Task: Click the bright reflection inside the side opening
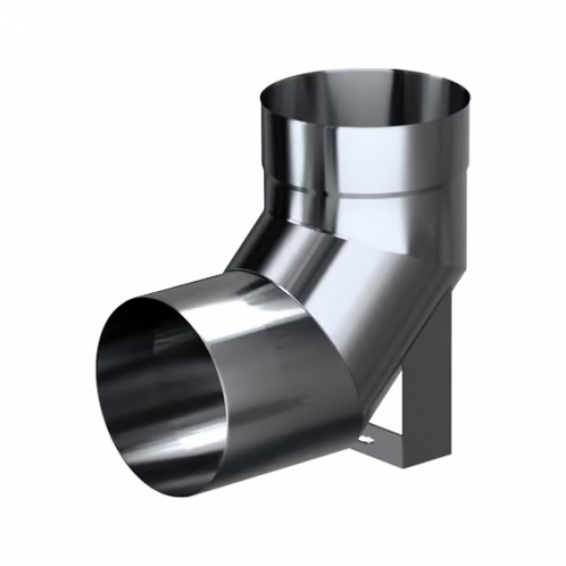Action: [140, 379]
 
